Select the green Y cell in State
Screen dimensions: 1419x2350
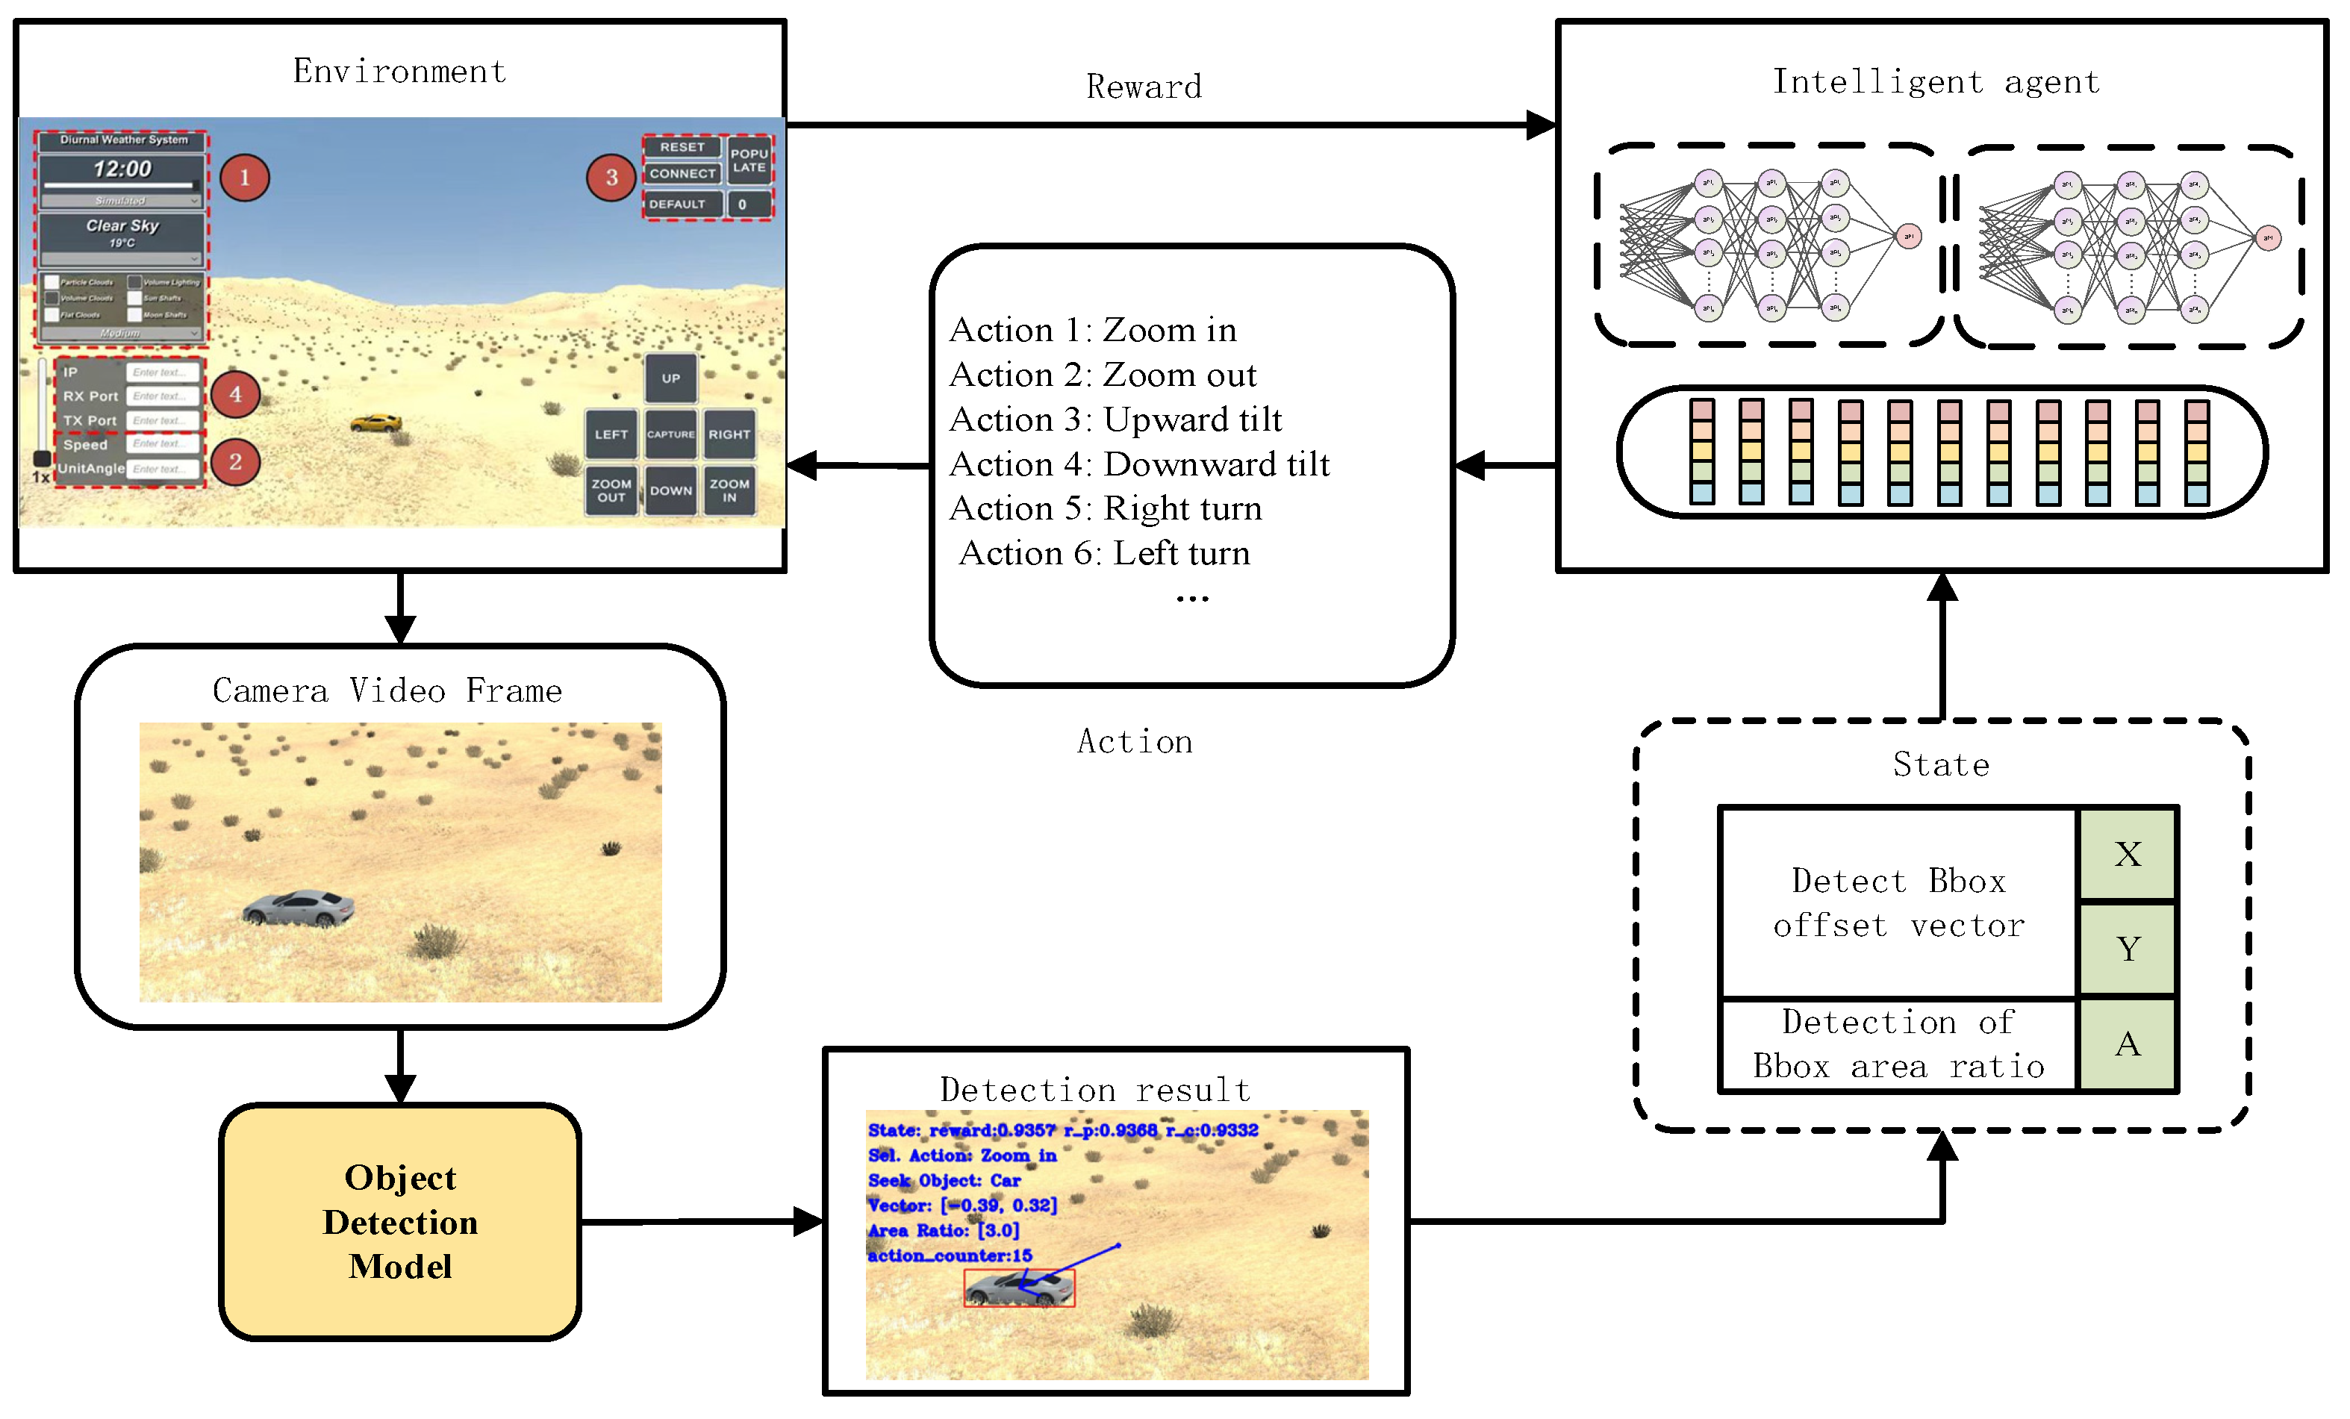click(2127, 948)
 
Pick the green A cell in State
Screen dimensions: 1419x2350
click(2127, 1044)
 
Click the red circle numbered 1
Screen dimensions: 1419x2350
click(245, 178)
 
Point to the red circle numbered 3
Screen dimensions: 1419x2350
click(611, 178)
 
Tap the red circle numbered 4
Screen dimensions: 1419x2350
click(236, 394)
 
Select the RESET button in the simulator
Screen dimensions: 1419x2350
click(682, 147)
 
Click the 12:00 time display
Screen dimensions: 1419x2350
click(122, 169)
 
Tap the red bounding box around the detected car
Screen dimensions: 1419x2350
click(1018, 1288)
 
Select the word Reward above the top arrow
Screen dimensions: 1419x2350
click(1144, 87)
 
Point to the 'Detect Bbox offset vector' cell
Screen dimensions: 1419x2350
click(1898, 902)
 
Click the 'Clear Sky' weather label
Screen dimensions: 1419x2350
click(122, 226)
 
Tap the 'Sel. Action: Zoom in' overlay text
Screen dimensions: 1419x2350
click(961, 1155)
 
